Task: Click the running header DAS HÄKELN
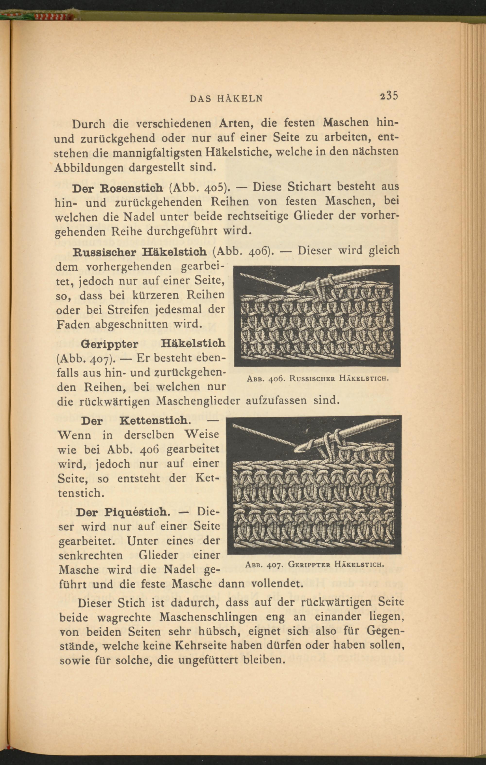click(226, 99)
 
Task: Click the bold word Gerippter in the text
click(110, 344)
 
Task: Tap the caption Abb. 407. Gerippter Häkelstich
click(315, 565)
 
